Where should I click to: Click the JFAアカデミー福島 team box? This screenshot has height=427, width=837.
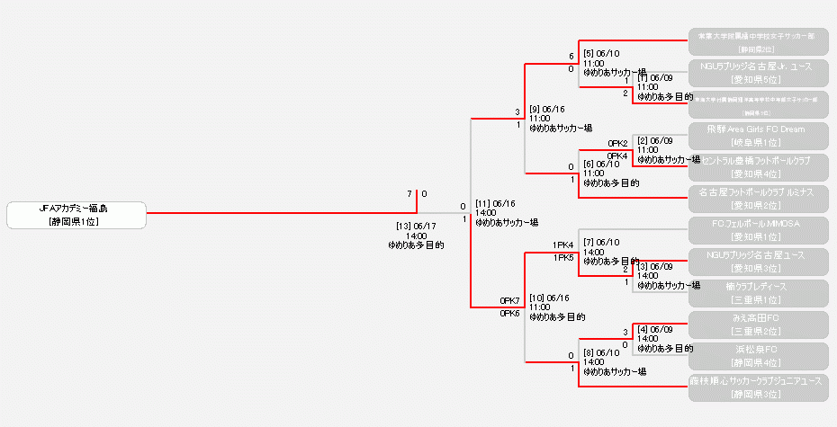point(76,215)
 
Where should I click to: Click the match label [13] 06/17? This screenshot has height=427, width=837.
point(417,227)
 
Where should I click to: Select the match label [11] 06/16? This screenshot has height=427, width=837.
point(495,204)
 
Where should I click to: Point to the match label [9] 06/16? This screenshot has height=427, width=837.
point(547,110)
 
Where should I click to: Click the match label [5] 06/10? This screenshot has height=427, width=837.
point(601,54)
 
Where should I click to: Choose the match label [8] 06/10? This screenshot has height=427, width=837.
point(601,353)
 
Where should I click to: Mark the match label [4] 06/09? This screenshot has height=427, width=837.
point(654,329)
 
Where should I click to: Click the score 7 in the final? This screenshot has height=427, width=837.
point(409,194)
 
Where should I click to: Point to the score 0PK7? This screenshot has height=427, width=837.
point(510,300)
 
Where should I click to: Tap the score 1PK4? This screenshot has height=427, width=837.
point(563,245)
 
